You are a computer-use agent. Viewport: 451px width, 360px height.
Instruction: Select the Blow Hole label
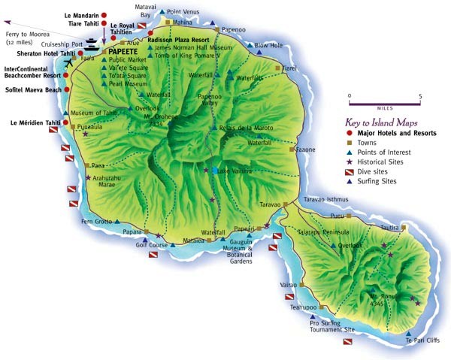pos(268,45)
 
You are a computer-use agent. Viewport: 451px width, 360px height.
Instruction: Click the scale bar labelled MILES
pos(384,103)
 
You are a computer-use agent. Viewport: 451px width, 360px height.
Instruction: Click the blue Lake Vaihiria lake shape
pos(216,171)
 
